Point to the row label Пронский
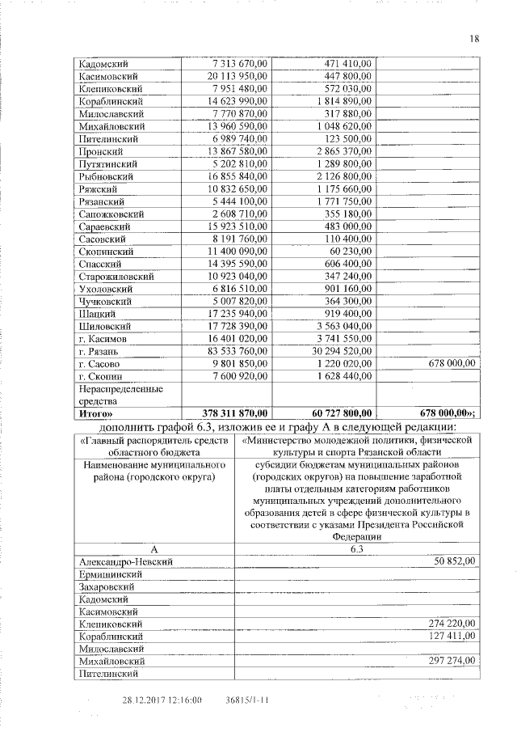coord(100,151)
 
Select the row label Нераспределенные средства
coord(111,394)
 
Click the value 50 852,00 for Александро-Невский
coord(452,561)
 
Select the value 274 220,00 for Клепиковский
coord(450,624)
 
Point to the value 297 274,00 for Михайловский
coord(450,661)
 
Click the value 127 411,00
coord(450,636)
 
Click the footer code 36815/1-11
coord(249,700)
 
